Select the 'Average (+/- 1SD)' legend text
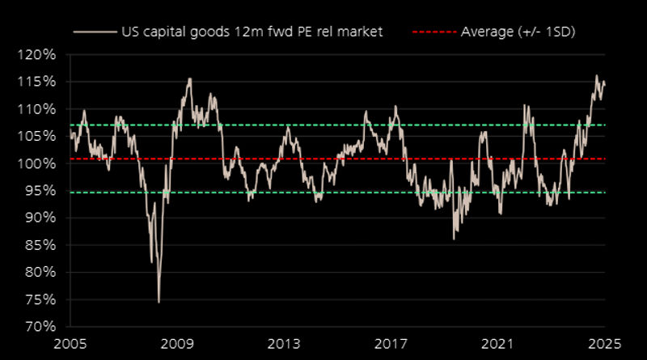[518, 32]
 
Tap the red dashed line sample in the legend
[435, 32]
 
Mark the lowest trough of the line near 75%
[159, 302]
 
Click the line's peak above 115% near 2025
[596, 76]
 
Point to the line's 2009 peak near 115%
[189, 78]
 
